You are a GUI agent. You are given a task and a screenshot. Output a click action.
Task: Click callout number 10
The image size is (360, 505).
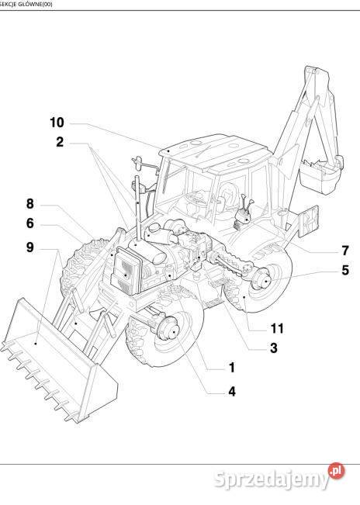57,123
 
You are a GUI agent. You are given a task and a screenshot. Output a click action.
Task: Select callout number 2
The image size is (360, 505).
60,142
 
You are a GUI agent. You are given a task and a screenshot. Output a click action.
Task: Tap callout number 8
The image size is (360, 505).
30,204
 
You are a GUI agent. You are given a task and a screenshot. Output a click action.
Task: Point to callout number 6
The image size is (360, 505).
30,223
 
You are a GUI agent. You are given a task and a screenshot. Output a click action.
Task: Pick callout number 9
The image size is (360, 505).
30,247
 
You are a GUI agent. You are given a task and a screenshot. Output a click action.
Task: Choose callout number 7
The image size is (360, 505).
345,251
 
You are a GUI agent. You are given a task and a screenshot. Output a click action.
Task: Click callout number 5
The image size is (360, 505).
345,270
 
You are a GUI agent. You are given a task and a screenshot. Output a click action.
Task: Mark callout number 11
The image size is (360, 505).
277,328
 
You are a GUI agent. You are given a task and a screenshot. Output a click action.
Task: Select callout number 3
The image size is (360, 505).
273,348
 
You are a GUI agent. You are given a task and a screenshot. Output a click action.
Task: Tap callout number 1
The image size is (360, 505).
232,368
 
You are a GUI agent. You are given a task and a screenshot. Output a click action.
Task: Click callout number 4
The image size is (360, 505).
232,392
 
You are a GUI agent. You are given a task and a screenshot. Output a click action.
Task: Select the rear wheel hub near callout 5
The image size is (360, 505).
262,279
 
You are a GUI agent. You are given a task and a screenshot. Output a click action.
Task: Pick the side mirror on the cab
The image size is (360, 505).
138,163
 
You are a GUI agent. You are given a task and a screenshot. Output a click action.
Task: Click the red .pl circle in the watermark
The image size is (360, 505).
336,472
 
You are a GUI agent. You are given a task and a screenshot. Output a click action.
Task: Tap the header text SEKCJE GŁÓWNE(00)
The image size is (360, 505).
26,4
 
